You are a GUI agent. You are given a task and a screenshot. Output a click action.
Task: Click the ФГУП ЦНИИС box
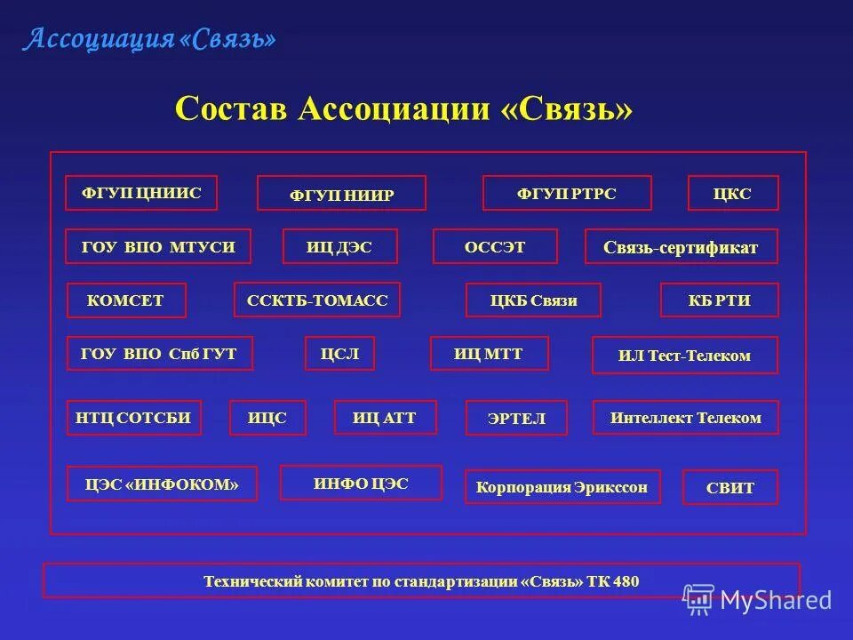141,193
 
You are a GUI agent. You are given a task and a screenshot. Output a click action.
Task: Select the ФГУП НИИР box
341,194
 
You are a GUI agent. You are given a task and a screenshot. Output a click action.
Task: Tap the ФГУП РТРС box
567,193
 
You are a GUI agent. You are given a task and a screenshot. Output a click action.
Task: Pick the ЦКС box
733,193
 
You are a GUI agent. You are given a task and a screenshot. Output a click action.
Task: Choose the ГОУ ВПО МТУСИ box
158,247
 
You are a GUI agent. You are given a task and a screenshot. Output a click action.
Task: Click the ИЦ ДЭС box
339,247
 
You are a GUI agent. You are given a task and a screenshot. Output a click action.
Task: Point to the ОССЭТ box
495,247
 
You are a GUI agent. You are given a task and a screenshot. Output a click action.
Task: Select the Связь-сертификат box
681,247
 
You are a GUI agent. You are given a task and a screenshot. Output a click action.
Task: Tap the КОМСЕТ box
126,300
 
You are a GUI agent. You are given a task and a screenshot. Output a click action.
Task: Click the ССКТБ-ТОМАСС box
317,300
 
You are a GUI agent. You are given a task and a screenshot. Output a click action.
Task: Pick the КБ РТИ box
720,300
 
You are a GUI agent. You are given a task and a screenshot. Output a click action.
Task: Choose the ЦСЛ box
339,354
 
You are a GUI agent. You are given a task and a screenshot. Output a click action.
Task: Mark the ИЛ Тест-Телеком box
685,356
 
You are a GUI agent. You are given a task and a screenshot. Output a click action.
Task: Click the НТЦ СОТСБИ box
133,418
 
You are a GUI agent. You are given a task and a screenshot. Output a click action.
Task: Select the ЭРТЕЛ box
516,418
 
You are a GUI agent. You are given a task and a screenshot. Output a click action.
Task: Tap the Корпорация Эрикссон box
562,487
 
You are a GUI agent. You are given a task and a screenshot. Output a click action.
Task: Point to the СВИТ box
729,488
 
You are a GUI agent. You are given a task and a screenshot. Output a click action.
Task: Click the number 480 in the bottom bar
625,582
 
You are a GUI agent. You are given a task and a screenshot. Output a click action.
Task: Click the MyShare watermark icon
699,599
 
